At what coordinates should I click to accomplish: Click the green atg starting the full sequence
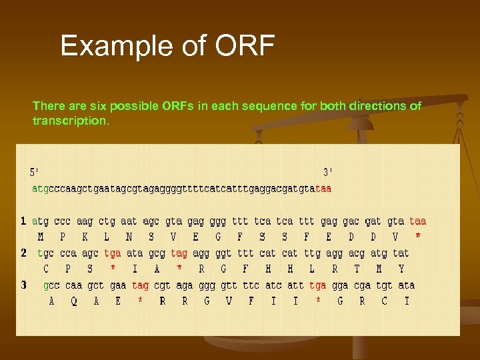click(40, 189)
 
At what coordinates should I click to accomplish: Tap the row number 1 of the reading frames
click(23, 221)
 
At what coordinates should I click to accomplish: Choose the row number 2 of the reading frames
click(23, 253)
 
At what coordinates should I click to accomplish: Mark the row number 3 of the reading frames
click(23, 285)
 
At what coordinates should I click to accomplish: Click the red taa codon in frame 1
click(418, 221)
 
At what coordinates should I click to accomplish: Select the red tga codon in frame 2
click(113, 253)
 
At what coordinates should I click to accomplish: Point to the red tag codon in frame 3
click(140, 285)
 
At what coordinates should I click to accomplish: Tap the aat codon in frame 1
click(129, 221)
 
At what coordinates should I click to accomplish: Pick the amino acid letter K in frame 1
click(85, 237)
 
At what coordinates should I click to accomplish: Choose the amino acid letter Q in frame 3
click(74, 301)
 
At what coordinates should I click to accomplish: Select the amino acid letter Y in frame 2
click(401, 269)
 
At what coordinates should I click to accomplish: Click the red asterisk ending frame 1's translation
click(418, 236)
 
